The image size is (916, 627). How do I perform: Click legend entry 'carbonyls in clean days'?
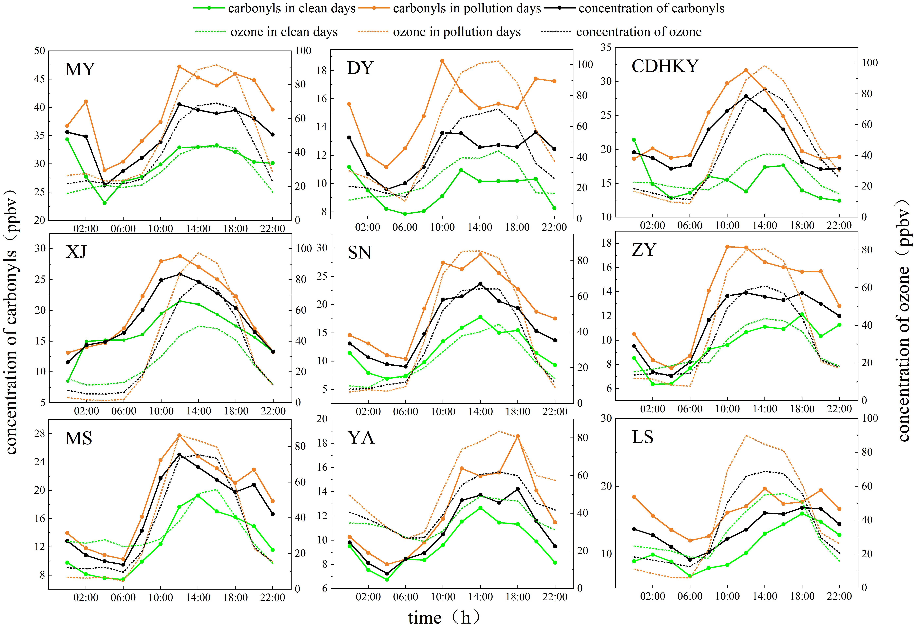[x=291, y=8]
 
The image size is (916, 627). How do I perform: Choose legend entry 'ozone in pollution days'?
[x=456, y=32]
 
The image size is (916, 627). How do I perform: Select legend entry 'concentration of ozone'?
[x=639, y=32]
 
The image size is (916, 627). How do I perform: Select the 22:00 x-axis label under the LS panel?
[x=839, y=596]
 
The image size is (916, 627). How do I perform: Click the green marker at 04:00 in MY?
[x=104, y=203]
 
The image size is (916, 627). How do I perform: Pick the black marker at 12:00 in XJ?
[x=180, y=274]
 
